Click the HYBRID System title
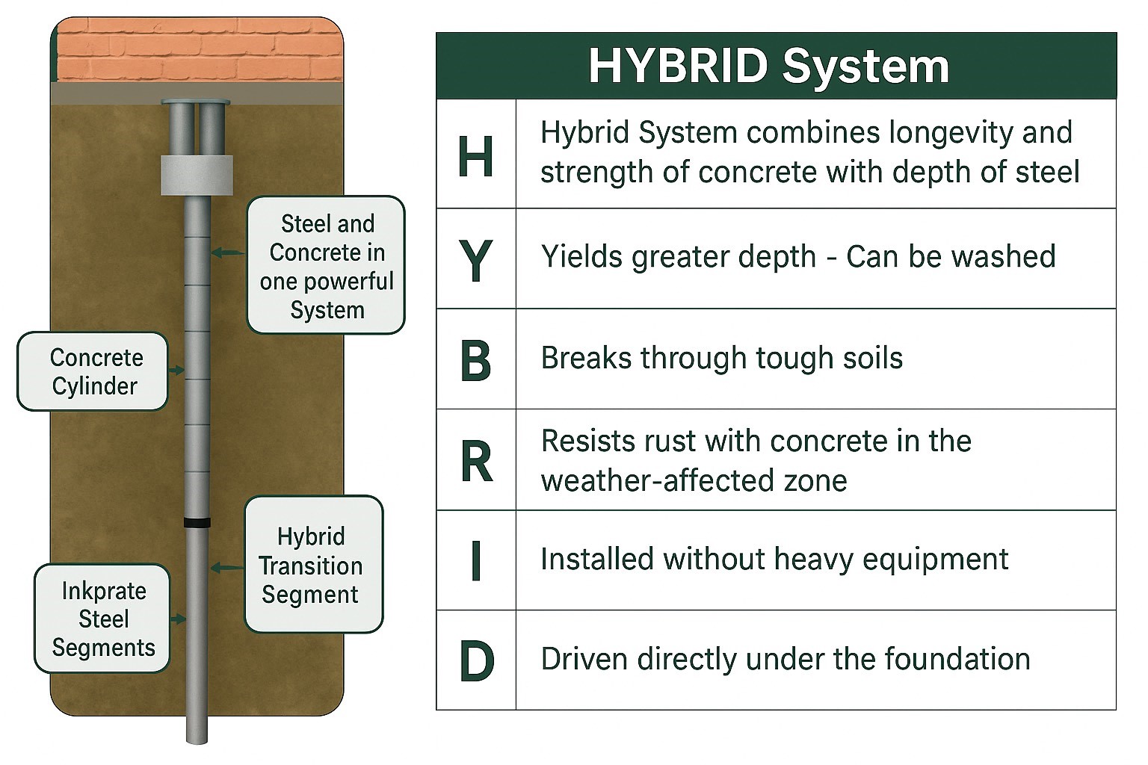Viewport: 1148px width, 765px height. pyautogui.click(x=769, y=66)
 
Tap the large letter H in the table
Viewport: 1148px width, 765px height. pyautogui.click(x=475, y=156)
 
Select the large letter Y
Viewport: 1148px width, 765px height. pyautogui.click(x=475, y=260)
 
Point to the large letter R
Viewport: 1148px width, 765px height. pyautogui.click(x=477, y=462)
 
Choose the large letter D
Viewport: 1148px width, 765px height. pyautogui.click(x=477, y=661)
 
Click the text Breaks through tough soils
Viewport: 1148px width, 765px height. pyautogui.click(x=721, y=358)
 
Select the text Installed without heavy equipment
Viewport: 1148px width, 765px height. pyautogui.click(x=774, y=559)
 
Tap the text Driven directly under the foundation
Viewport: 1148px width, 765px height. pyautogui.click(x=786, y=659)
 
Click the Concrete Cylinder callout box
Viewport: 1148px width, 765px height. pyautogui.click(x=93, y=371)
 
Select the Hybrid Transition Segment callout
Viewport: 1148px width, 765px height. pyautogui.click(x=314, y=564)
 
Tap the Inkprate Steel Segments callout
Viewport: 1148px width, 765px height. pyautogui.click(x=102, y=619)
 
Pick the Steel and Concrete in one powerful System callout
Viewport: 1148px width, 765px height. pyautogui.click(x=326, y=265)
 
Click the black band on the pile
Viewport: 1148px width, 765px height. pyautogui.click(x=197, y=523)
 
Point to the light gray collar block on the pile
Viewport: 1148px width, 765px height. pyautogui.click(x=197, y=176)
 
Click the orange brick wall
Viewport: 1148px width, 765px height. pyautogui.click(x=199, y=50)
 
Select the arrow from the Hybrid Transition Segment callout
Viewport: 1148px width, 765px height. pyautogui.click(x=227, y=568)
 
